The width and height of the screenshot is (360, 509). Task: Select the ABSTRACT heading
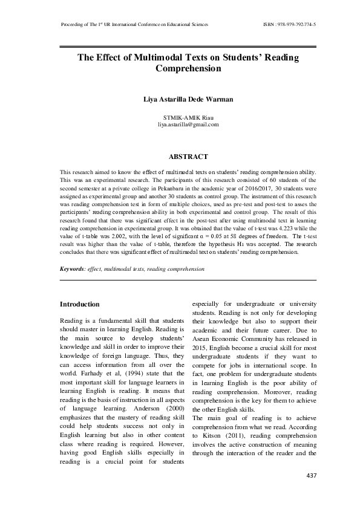coord(188,157)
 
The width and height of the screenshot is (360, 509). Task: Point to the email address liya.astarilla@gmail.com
coord(188,124)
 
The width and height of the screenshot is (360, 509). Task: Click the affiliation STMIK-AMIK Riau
coord(188,116)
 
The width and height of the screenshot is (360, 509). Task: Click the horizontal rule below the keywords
coord(188,280)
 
